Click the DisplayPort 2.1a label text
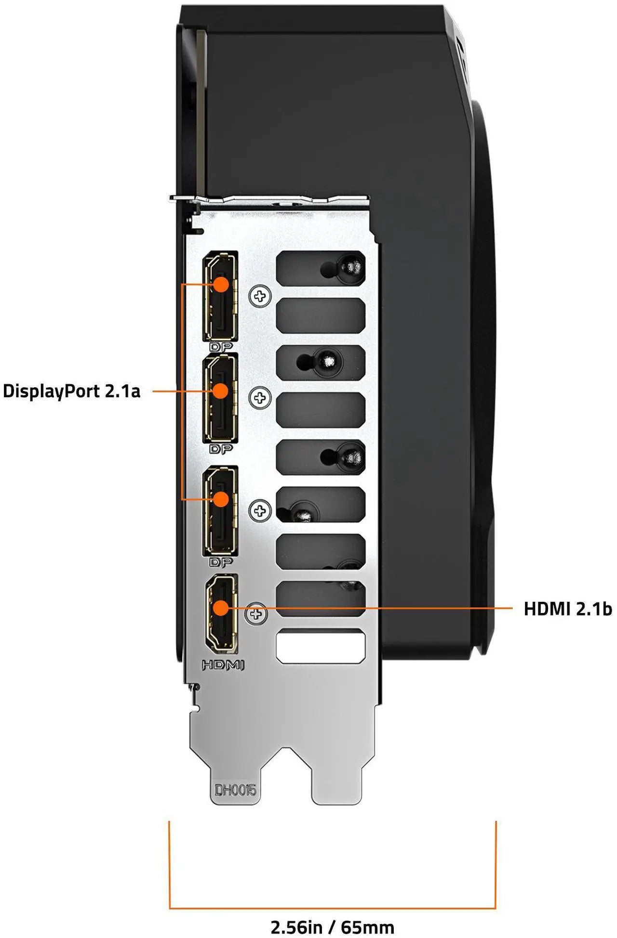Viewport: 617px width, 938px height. [x=71, y=391]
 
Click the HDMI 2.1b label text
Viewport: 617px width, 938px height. [x=568, y=609]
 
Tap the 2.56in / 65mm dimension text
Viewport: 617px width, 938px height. [x=332, y=927]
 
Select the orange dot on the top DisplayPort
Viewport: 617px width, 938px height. [x=221, y=284]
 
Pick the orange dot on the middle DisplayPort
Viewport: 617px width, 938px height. [x=220, y=391]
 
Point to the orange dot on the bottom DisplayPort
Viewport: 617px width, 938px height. [x=221, y=499]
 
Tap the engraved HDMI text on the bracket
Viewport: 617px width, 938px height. [x=223, y=665]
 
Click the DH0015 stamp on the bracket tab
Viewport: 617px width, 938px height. [x=236, y=790]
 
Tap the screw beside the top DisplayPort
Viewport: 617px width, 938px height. [x=260, y=296]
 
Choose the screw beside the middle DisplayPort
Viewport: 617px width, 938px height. [x=260, y=398]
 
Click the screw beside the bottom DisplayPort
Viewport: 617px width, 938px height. [x=260, y=510]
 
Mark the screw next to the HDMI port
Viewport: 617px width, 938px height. [x=256, y=614]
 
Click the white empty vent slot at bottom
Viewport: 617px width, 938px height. [x=321, y=646]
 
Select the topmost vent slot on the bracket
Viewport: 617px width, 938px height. [x=321, y=268]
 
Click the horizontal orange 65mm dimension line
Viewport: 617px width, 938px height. [x=333, y=909]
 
